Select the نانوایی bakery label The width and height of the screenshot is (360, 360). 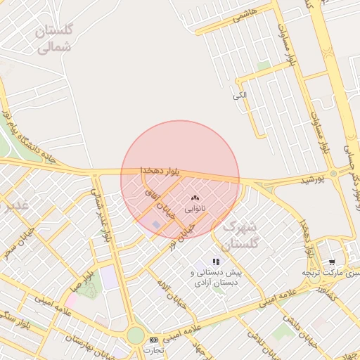tap(195, 210)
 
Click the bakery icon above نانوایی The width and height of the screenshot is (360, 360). tap(195, 200)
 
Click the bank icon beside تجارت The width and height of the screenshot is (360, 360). tap(154, 340)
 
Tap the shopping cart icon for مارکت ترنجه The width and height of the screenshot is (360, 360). tap(331, 262)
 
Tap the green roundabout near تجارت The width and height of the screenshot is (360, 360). tap(135, 335)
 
